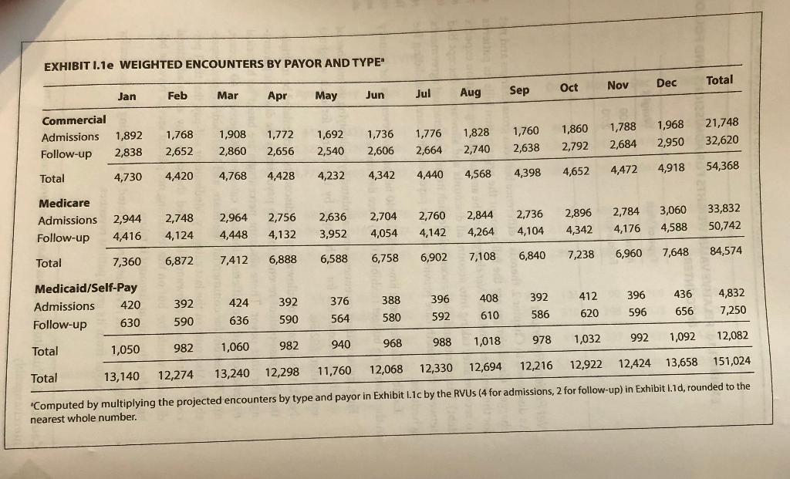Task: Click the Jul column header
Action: (x=423, y=93)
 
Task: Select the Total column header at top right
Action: (x=719, y=79)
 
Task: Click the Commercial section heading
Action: (x=74, y=121)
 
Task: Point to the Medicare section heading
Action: (x=64, y=203)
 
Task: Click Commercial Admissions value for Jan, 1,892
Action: (x=129, y=136)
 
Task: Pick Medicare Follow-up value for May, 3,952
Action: (x=333, y=234)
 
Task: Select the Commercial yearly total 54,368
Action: (x=722, y=165)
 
